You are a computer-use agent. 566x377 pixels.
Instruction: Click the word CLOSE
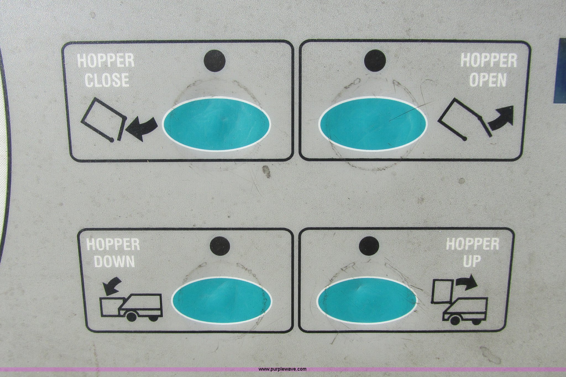tap(107, 80)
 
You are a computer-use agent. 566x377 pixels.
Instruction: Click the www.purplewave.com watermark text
tap(282, 369)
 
